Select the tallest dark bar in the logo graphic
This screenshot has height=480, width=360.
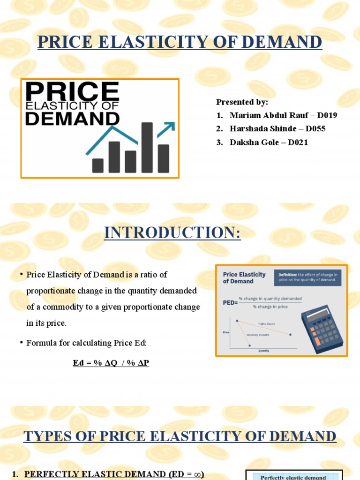(147, 147)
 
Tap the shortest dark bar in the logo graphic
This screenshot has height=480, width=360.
(98, 165)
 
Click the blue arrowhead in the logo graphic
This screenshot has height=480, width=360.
(170, 126)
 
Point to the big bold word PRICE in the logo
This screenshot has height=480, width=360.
(72, 91)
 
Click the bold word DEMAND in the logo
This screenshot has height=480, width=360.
(72, 118)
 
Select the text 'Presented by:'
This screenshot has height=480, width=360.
(242, 102)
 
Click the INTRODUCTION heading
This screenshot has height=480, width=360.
(172, 233)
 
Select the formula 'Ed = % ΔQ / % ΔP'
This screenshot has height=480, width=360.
(111, 363)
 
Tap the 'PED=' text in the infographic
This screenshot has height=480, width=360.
(230, 303)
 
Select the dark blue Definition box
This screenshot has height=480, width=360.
(307, 277)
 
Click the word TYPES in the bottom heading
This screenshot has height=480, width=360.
(45, 436)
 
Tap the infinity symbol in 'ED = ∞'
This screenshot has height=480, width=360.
(198, 474)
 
